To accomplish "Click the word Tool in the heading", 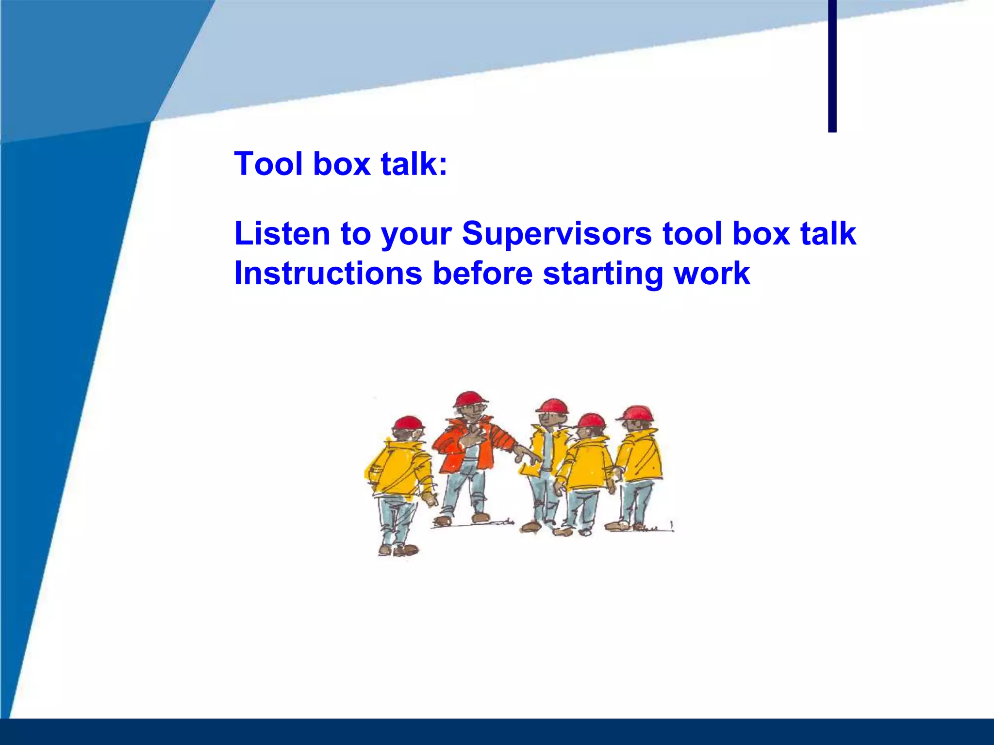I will pos(268,163).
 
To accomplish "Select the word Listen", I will pos(282,234).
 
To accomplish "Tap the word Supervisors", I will pos(556,234).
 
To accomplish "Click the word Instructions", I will pos(328,274).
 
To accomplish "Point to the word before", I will pos(482,274).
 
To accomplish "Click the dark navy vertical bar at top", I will pos(832,65).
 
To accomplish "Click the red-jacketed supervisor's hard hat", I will pos(470,399).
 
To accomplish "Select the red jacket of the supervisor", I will pos(456,444).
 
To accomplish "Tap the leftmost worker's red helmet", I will pos(408,423).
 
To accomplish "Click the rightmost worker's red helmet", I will pos(637,413).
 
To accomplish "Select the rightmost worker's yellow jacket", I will pos(640,456).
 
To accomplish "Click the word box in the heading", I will pos(342,163).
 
